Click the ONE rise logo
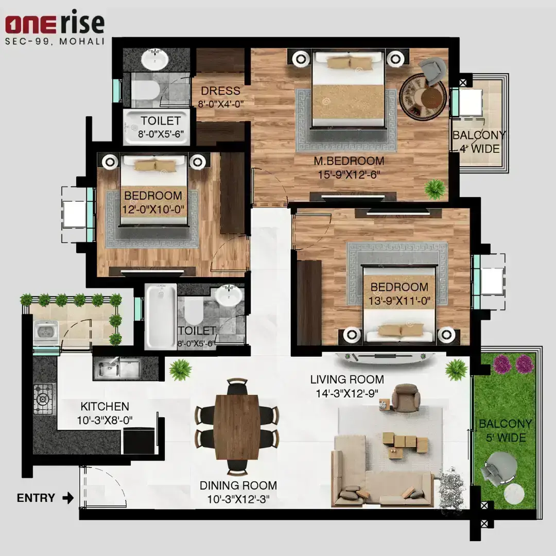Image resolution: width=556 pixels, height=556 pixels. [x=55, y=22]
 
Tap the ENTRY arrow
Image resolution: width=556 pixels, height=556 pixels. [x=68, y=498]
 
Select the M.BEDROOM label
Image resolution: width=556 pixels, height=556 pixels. [x=349, y=161]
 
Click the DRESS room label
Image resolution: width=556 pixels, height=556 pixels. [x=220, y=91]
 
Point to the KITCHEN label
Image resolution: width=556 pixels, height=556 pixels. [x=105, y=406]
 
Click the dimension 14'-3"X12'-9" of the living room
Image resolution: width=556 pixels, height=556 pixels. [x=347, y=393]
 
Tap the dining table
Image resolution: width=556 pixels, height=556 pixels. [x=237, y=427]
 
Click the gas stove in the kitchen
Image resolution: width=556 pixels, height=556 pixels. [x=45, y=399]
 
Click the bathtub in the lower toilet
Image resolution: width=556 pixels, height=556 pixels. [x=161, y=316]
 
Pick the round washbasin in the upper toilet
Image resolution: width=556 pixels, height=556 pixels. [x=154, y=60]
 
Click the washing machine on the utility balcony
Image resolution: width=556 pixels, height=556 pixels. [x=46, y=332]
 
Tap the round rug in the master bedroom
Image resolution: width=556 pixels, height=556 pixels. [x=423, y=97]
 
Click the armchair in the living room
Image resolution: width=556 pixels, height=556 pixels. [x=406, y=398]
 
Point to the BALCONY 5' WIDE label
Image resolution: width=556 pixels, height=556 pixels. [x=506, y=430]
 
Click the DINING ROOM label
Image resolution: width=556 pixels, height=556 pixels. [x=238, y=485]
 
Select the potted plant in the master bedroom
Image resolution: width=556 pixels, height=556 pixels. [x=435, y=189]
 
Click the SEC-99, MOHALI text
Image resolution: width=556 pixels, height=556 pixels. [x=55, y=41]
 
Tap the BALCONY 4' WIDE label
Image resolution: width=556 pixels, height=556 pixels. [x=479, y=142]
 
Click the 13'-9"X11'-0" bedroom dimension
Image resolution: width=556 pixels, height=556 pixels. [x=399, y=301]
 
